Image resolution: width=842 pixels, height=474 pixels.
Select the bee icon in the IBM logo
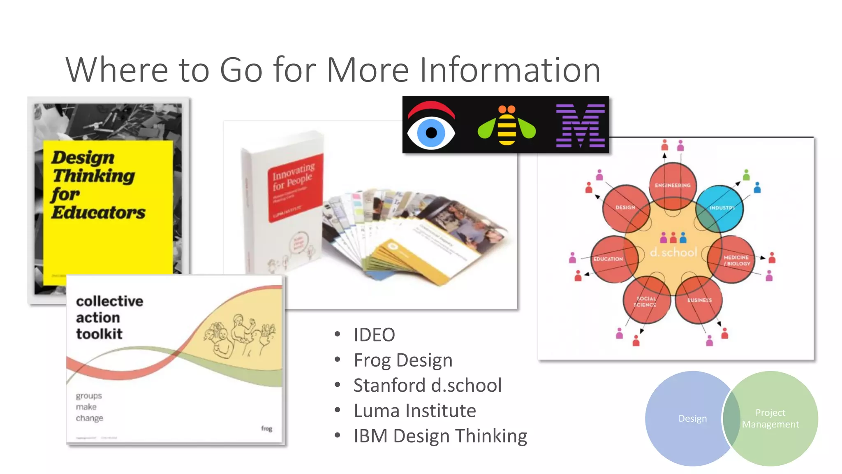(507, 125)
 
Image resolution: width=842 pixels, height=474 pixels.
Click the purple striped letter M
(580, 125)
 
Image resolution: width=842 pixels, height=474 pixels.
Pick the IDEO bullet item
(374, 335)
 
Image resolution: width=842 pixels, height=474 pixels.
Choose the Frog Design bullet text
(403, 360)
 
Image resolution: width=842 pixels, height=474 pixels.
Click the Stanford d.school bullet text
(428, 386)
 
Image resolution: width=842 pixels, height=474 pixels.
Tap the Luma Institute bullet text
(415, 411)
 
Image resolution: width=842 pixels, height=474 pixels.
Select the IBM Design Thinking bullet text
(440, 436)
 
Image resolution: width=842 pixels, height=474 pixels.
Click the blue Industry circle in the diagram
(720, 208)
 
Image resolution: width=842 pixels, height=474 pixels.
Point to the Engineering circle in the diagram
(673, 186)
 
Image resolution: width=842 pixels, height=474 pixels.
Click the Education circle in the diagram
(614, 259)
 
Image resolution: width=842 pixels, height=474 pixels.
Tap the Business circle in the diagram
(699, 300)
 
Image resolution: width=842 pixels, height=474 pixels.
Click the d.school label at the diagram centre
(673, 252)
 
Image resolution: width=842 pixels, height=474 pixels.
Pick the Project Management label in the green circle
(770, 418)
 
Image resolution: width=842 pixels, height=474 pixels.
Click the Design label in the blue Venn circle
(693, 418)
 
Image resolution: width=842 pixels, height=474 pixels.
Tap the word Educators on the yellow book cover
(98, 212)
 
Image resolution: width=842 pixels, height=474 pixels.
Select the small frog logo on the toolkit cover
(266, 428)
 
